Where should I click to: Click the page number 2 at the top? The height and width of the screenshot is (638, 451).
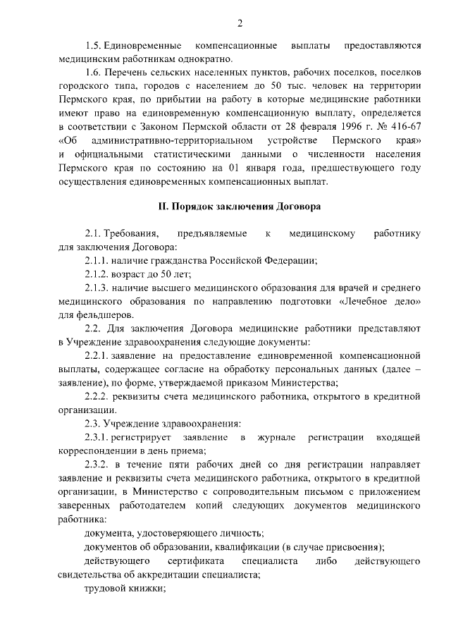point(240,23)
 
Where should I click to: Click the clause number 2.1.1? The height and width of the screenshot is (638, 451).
point(97,261)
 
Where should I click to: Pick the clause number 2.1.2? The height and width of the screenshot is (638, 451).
point(97,274)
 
